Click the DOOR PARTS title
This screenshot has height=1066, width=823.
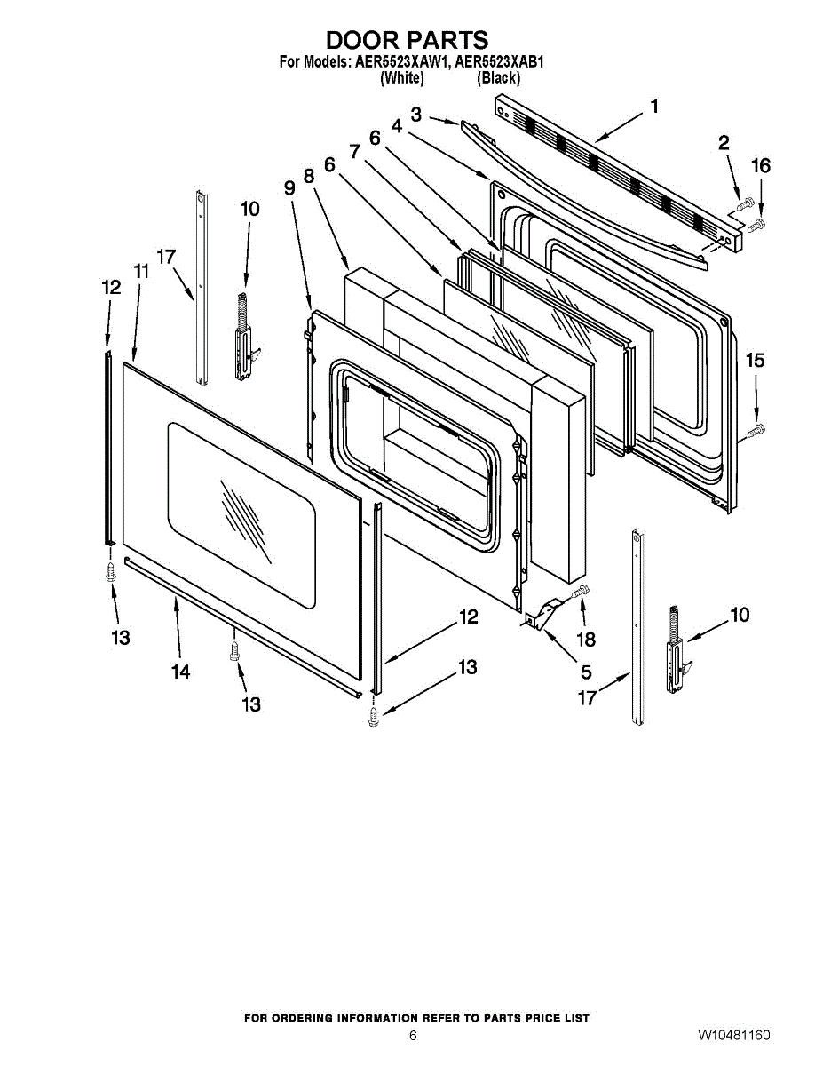[407, 41]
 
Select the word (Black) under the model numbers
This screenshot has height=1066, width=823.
[498, 78]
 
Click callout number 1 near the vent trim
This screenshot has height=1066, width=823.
[654, 107]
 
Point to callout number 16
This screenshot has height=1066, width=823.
[761, 166]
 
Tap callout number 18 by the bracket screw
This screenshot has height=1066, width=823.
[586, 639]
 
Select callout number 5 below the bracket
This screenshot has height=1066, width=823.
[586, 672]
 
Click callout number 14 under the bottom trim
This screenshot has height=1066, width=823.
[180, 672]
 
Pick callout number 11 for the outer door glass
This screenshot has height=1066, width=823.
[141, 272]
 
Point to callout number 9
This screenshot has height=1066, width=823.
[289, 188]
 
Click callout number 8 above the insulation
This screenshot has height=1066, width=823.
[309, 177]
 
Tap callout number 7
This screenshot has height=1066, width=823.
[355, 152]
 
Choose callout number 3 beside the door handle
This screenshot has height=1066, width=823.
[415, 114]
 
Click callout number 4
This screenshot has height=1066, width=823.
[396, 127]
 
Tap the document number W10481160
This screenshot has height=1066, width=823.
[733, 1036]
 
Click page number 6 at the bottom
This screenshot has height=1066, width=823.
[413, 1036]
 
